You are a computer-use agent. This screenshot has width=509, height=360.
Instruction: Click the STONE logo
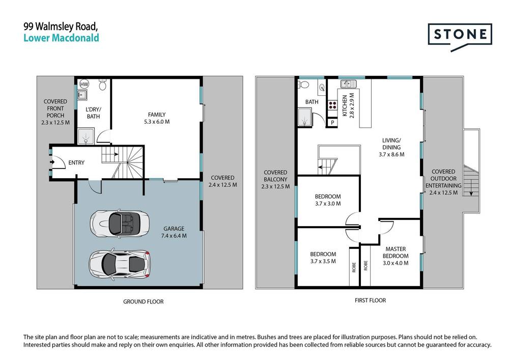(460, 36)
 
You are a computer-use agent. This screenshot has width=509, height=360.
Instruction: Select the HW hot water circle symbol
(84, 84)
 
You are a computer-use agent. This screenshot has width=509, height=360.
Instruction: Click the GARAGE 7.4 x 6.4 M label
(174, 232)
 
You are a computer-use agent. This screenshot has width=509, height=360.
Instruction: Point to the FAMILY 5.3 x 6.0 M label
(157, 118)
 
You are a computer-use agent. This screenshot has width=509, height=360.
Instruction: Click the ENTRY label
(75, 162)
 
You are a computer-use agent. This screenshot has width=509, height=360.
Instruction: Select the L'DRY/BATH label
(93, 113)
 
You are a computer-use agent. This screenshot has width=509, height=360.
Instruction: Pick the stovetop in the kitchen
(333, 106)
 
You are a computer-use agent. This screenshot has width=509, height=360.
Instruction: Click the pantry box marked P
(332, 122)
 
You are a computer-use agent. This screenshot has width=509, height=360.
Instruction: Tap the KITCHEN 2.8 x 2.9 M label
(348, 106)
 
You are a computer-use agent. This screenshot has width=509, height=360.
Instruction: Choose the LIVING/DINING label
(391, 147)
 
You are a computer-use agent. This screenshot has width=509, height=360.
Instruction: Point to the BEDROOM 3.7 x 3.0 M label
(328, 200)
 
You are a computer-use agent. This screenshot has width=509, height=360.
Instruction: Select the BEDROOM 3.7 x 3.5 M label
(323, 258)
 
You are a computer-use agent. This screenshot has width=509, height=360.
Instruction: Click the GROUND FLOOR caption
(143, 302)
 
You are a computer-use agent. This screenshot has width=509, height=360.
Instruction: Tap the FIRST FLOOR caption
(370, 300)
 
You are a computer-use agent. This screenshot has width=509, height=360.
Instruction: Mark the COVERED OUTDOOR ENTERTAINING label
(443, 182)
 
